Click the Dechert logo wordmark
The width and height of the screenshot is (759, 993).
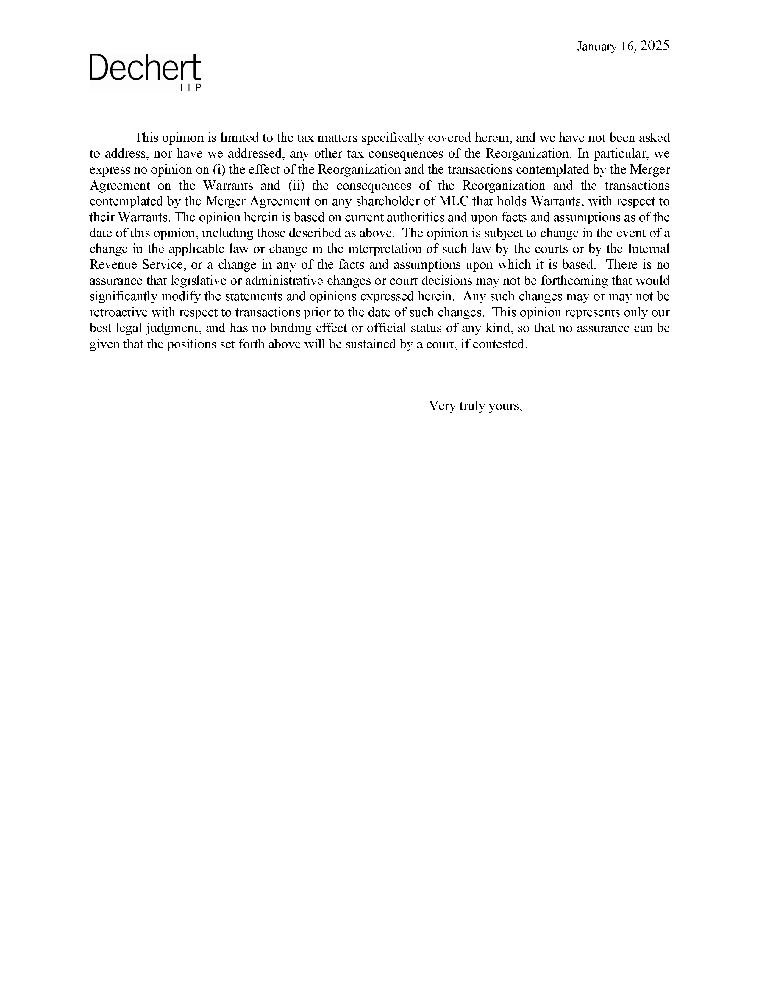145,68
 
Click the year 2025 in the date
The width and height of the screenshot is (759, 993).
655,46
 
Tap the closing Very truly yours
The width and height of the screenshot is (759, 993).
475,406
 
